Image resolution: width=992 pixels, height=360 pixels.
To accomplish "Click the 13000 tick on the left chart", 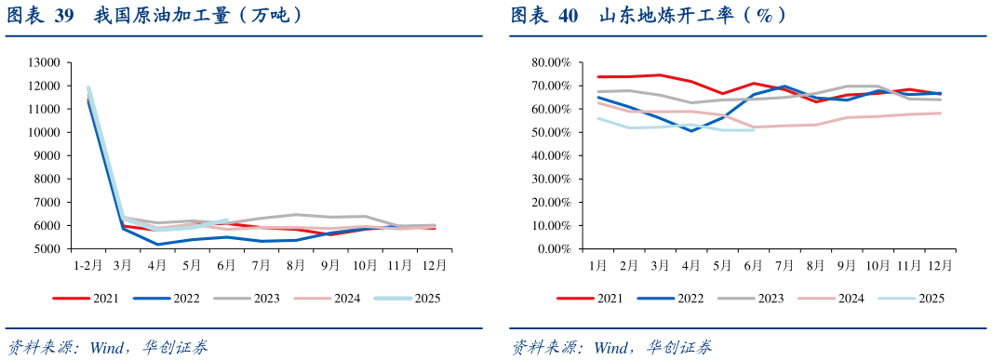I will point(45,62).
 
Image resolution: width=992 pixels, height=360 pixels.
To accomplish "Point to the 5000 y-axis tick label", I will point(45,249).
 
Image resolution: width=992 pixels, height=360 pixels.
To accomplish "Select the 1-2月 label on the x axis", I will point(88,265).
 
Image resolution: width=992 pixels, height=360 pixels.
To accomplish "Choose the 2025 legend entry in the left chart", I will point(423,299).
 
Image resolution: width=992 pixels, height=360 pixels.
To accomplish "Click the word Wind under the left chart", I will point(106,348).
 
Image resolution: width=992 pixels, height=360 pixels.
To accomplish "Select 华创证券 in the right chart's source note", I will point(682,348).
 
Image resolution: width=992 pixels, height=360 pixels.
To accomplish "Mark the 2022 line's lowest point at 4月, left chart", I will point(158,245).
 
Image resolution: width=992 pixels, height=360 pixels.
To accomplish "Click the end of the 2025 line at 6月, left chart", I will point(226,220).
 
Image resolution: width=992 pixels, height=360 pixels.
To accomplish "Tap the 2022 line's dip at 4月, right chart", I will point(690,130).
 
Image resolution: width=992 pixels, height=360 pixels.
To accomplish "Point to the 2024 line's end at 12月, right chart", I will point(940,113).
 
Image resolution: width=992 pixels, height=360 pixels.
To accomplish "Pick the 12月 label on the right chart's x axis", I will point(940,265).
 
